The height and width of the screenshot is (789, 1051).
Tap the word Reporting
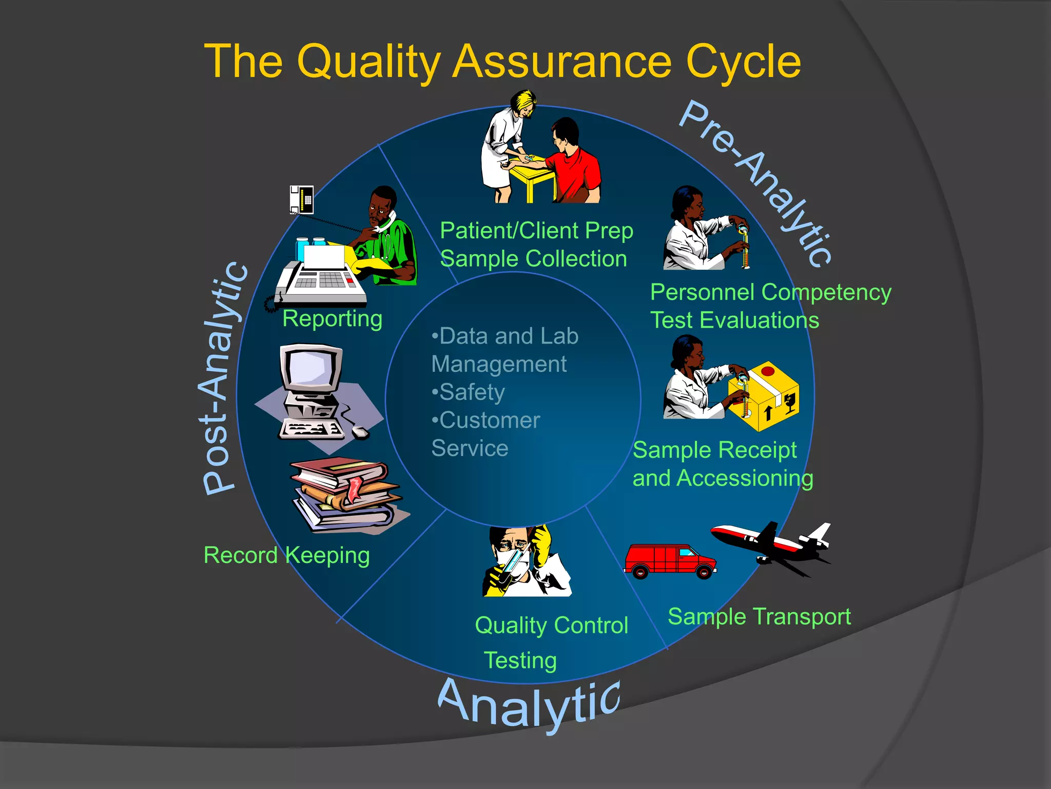coord(332,319)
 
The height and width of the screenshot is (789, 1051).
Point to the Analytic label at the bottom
coord(529,704)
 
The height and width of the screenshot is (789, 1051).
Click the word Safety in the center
coord(472,392)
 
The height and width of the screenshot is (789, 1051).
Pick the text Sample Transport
coord(759,616)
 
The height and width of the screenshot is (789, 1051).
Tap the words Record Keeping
coord(286,556)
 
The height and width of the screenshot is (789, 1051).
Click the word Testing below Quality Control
coord(520,661)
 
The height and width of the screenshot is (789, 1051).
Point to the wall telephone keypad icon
coord(302,199)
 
